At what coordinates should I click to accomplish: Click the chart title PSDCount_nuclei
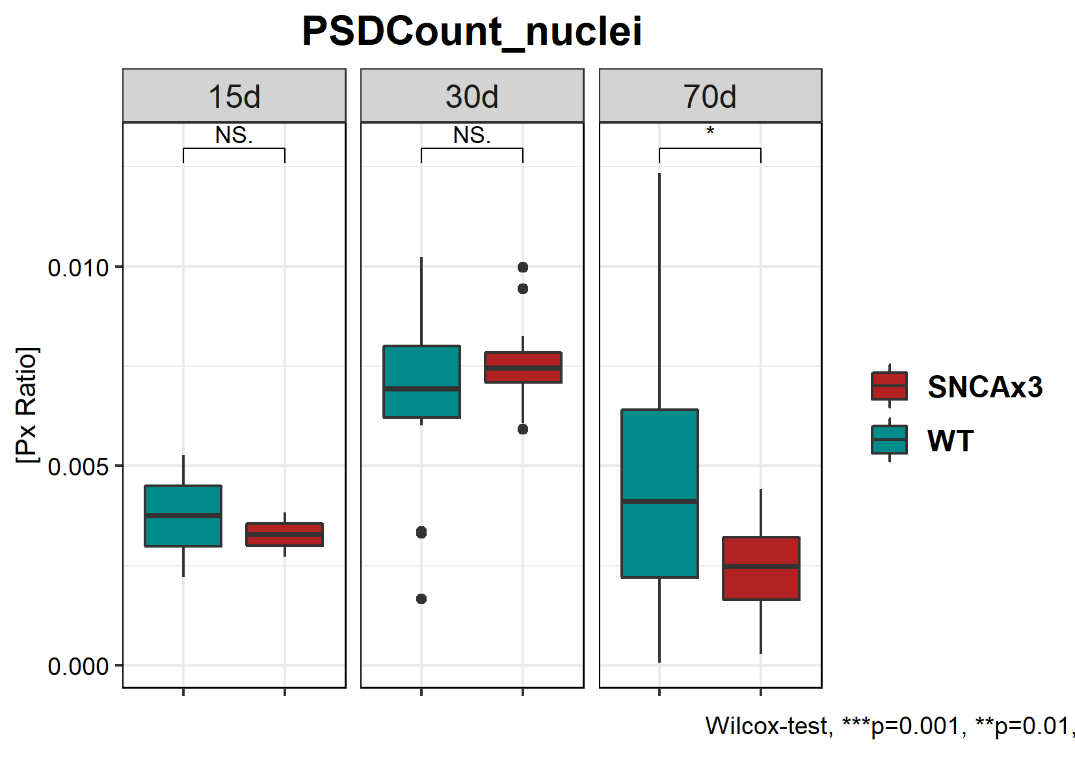(471, 31)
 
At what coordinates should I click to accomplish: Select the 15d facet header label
(234, 97)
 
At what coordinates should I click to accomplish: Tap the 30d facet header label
(472, 97)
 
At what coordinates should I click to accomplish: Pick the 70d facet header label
(710, 97)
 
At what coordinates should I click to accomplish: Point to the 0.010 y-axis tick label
(78, 267)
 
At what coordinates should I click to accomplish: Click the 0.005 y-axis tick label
(78, 466)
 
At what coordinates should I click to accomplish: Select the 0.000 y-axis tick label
(78, 666)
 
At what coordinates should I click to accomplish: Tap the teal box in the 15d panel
(183, 516)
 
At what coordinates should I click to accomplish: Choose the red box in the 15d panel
(285, 535)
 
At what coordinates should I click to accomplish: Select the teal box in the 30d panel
(422, 382)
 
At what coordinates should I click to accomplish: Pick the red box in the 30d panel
(523, 367)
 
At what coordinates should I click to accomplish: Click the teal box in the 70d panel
(659, 493)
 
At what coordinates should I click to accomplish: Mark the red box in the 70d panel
(761, 568)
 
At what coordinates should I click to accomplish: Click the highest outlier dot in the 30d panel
(523, 267)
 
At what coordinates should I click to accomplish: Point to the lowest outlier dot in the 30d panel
(421, 599)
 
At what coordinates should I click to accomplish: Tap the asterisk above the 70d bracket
(710, 131)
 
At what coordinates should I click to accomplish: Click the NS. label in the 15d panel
(234, 135)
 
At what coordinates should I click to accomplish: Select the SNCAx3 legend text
(985, 387)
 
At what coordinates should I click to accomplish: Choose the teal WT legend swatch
(889, 440)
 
